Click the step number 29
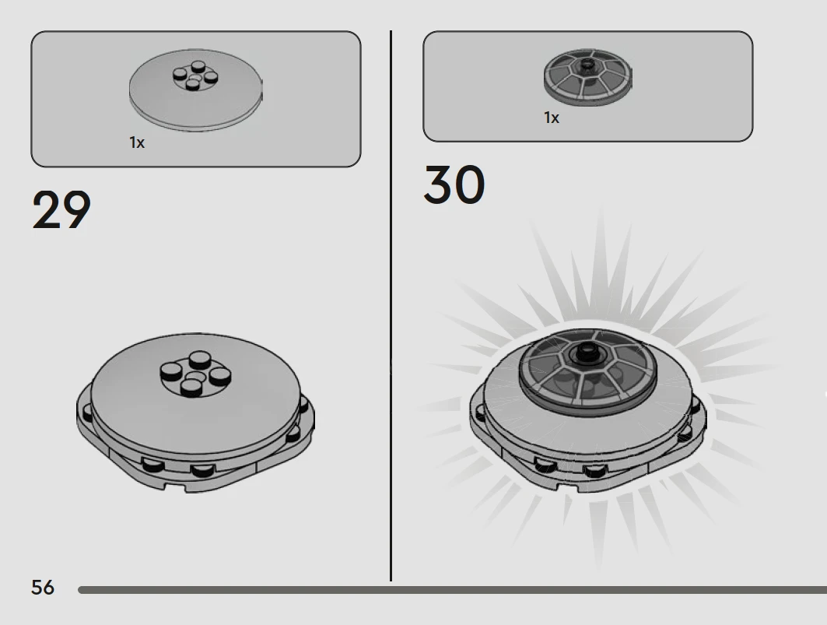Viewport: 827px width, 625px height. click(61, 209)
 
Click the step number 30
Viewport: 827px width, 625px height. click(454, 184)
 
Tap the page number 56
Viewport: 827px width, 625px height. click(43, 587)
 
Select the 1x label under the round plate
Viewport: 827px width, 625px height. click(137, 142)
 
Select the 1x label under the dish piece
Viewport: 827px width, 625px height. click(552, 118)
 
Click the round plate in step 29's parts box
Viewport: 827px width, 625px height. click(196, 90)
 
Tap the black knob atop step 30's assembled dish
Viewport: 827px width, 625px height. click(587, 352)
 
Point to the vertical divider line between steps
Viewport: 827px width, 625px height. click(391, 306)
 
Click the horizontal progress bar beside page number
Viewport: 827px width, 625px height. click(453, 590)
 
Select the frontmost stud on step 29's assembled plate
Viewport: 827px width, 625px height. click(191, 388)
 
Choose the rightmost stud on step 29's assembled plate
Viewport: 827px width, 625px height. click(220, 375)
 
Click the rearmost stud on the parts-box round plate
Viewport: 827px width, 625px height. click(198, 66)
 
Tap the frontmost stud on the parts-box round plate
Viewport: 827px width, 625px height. click(193, 84)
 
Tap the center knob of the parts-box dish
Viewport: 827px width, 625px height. click(587, 65)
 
